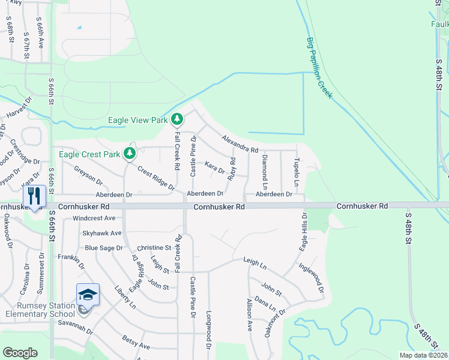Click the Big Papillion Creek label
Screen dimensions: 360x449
(319, 68)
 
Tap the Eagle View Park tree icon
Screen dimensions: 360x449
(176, 119)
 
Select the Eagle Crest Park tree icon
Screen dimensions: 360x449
(130, 154)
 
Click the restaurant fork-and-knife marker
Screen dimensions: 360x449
(34, 196)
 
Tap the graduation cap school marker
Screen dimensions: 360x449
(88, 295)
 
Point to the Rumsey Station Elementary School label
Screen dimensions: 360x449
(40, 310)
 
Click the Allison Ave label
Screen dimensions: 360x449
(249, 315)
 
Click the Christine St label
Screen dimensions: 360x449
(154, 247)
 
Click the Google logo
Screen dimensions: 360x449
(20, 353)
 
